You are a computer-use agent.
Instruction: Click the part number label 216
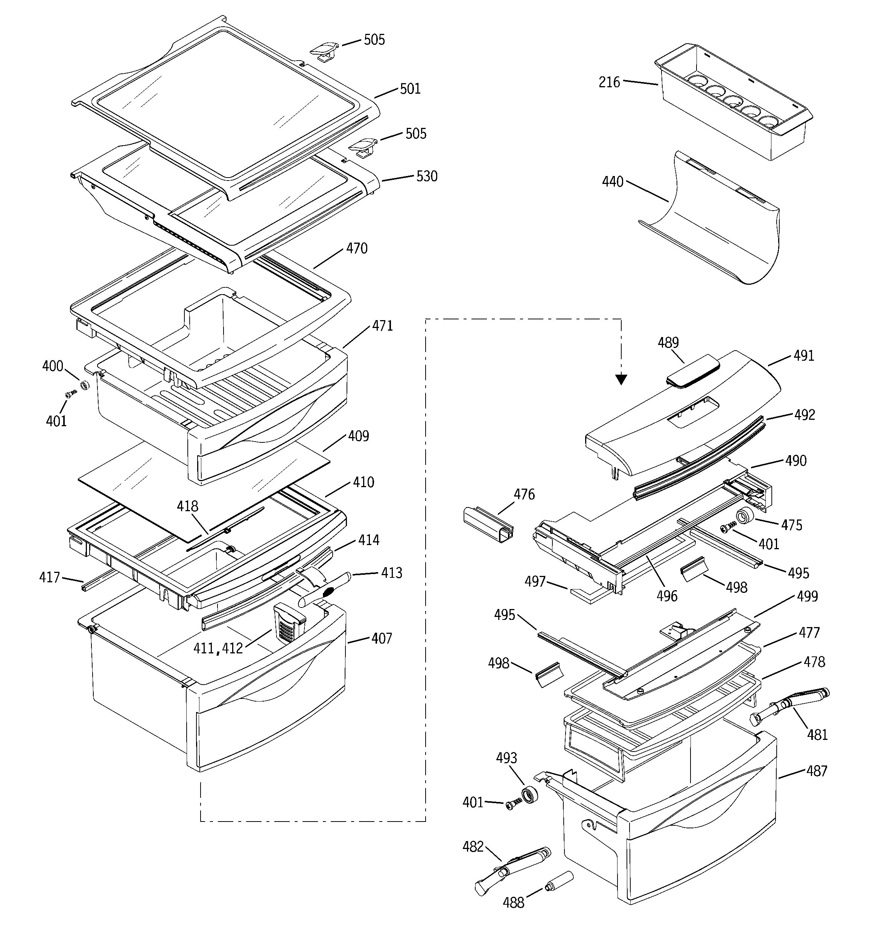(609, 82)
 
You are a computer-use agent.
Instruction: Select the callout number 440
(613, 181)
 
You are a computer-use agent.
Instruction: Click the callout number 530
(427, 176)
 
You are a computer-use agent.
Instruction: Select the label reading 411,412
(218, 648)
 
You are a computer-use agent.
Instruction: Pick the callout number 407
(382, 638)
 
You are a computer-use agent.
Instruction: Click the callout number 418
(187, 506)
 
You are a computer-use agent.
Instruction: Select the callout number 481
(817, 734)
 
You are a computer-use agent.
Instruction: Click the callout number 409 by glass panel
(359, 436)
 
